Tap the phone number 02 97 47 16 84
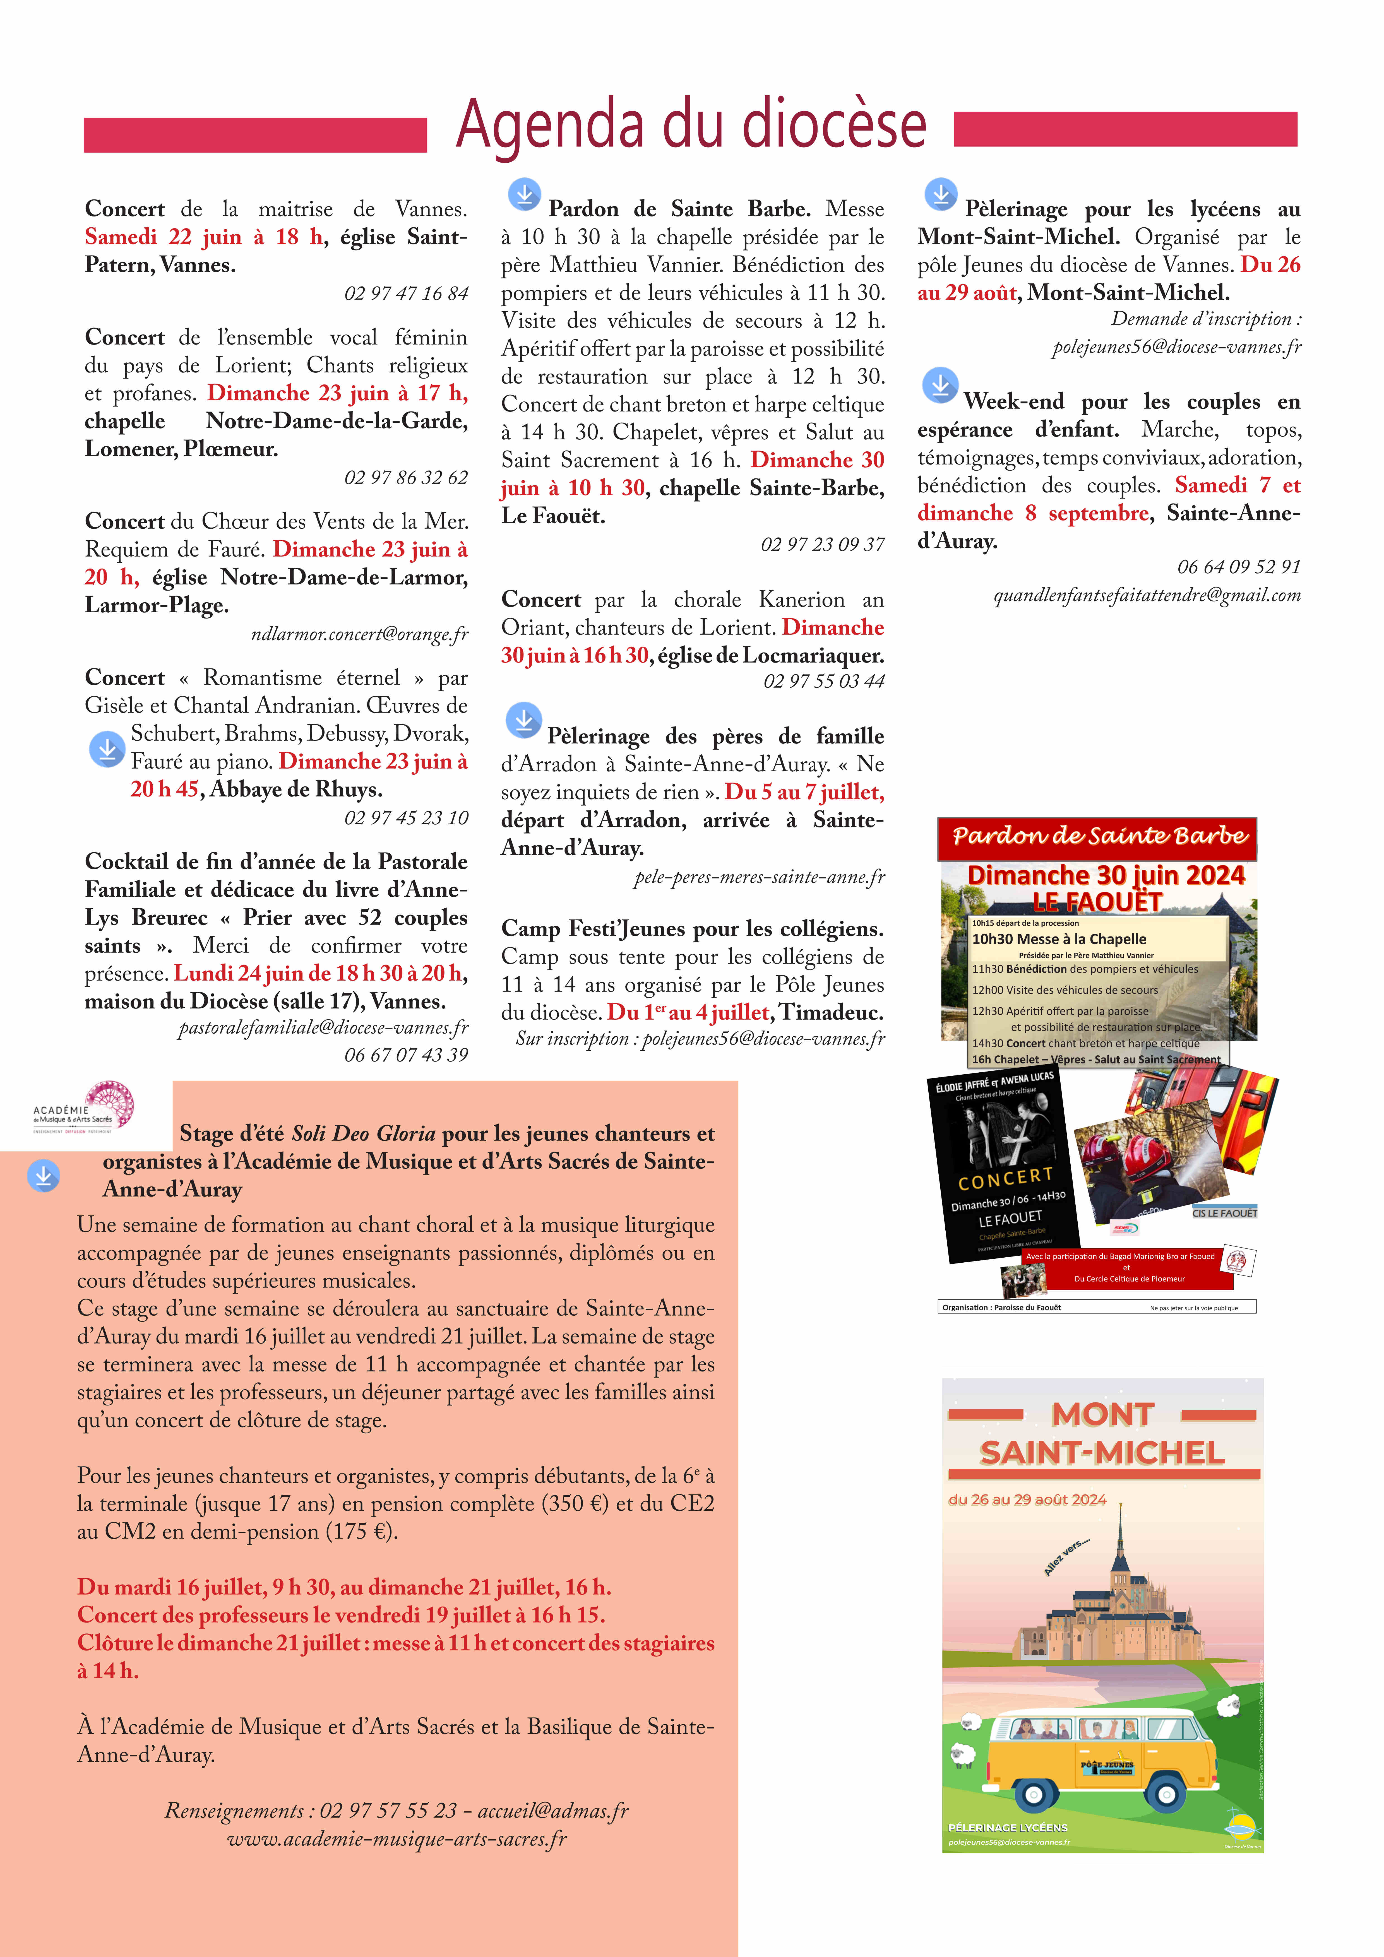pos(406,293)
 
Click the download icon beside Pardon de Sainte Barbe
pos(524,194)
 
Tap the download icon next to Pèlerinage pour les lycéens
pos(941,194)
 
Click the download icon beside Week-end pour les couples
pos(940,385)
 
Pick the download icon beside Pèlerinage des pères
pos(523,720)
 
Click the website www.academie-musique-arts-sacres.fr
pos(397,1838)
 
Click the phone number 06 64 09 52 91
pos(1238,567)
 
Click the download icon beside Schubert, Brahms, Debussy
pos(107,749)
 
